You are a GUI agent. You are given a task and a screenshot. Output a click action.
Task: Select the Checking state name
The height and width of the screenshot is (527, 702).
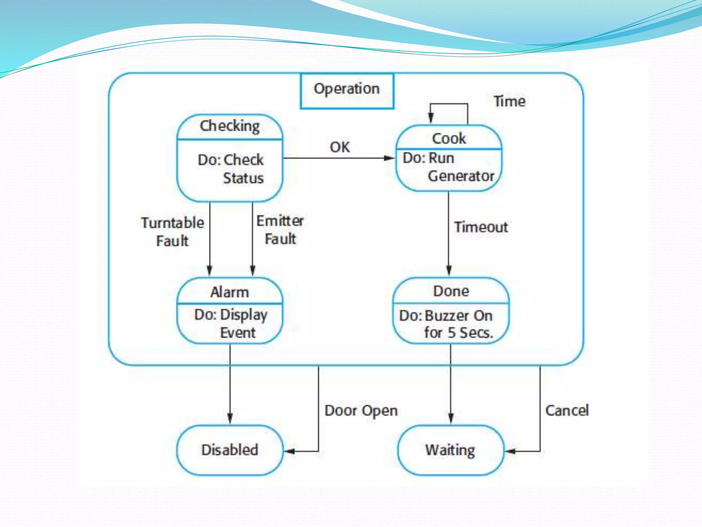tap(230, 126)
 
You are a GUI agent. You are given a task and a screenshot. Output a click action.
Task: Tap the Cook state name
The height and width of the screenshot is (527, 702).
tap(449, 139)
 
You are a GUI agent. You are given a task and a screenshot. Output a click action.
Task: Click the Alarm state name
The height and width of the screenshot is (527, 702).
tap(229, 292)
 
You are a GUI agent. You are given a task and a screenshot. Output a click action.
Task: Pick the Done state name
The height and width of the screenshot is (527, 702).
tap(451, 291)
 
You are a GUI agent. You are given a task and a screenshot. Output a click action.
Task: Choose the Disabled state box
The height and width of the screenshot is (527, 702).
tap(230, 450)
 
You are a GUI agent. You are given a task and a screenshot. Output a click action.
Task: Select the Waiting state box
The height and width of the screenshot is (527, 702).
tap(450, 450)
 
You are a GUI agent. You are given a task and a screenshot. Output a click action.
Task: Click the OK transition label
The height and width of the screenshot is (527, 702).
tap(340, 147)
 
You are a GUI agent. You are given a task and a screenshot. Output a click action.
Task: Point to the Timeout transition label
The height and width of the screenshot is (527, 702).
tap(481, 227)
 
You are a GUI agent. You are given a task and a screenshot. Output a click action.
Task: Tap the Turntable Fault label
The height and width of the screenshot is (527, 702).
tap(172, 232)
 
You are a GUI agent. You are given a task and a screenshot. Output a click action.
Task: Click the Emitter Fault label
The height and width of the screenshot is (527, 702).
tap(280, 230)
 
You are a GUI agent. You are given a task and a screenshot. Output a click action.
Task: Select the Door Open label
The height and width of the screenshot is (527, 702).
tap(361, 410)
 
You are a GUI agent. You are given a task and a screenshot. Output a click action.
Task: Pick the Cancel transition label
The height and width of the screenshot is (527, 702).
tap(567, 410)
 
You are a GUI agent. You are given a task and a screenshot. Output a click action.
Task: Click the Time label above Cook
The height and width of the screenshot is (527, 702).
tap(509, 102)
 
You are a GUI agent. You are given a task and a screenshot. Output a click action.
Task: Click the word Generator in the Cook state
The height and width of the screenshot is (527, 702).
tap(461, 176)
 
